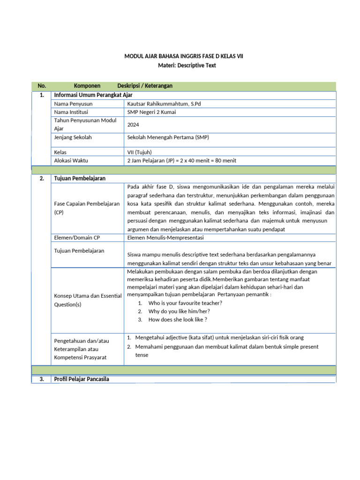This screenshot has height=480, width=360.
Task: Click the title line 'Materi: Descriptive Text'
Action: click(x=184, y=66)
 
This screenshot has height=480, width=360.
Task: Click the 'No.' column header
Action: click(x=42, y=86)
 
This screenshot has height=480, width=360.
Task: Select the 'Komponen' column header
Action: click(x=87, y=86)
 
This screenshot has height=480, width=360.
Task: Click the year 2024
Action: click(x=133, y=125)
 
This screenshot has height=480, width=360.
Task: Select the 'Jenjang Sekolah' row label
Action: click(x=73, y=137)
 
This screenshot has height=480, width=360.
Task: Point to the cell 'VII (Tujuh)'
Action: click(x=140, y=152)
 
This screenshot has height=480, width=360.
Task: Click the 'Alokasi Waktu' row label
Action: click(x=71, y=160)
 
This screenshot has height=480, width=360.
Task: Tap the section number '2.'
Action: click(x=42, y=179)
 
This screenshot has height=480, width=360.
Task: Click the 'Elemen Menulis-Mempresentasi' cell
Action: click(x=162, y=238)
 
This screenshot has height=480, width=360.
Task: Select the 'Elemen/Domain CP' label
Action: click(x=77, y=238)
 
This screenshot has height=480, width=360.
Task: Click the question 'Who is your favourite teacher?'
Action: click(x=185, y=303)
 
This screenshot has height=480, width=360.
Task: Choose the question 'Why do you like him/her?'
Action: click(x=179, y=311)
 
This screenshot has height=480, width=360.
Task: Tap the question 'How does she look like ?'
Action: click(x=178, y=320)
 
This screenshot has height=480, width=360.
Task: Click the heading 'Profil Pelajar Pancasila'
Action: click(x=82, y=379)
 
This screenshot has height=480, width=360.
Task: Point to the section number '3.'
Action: click(x=42, y=379)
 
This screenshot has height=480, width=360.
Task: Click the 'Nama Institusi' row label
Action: click(x=71, y=112)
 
